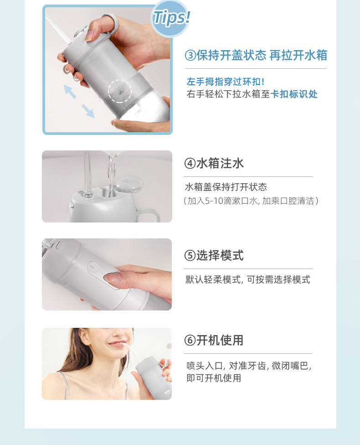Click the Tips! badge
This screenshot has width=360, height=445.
pyautogui.click(x=170, y=18)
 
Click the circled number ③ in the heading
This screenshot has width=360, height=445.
pyautogui.click(x=190, y=55)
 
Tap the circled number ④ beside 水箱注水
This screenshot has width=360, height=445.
pyautogui.click(x=190, y=164)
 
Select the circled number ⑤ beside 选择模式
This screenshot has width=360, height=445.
pyautogui.click(x=190, y=255)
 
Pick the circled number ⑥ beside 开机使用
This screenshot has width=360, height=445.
pyautogui.click(x=190, y=340)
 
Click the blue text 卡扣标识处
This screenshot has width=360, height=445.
pyautogui.click(x=294, y=94)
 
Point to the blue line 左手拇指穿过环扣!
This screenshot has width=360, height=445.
pyautogui.click(x=226, y=82)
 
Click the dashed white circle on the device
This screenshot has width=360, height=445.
pyautogui.click(x=120, y=91)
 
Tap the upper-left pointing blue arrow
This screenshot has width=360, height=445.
pyautogui.click(x=70, y=91)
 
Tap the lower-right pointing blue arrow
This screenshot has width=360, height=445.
pyautogui.click(x=88, y=111)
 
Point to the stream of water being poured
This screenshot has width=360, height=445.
pyautogui.click(x=112, y=170)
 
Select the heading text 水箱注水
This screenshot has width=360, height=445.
pyautogui.click(x=220, y=164)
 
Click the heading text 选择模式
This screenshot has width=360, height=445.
pyautogui.click(x=220, y=255)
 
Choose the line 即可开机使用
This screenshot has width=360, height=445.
pyautogui.click(x=214, y=378)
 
